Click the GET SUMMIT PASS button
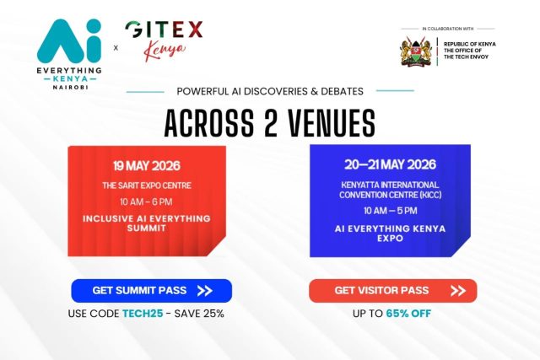pyautogui.click(x=152, y=291)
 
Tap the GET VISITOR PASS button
pyautogui.click(x=393, y=291)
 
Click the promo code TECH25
pyautogui.click(x=143, y=314)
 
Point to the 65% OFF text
pyautogui.click(x=408, y=314)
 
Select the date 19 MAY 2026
pyautogui.click(x=147, y=166)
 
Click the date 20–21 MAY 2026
pyautogui.click(x=390, y=164)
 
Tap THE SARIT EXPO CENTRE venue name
pyautogui.click(x=147, y=185)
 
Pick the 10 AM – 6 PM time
pyautogui.click(x=146, y=201)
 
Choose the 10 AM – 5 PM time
pyautogui.click(x=391, y=211)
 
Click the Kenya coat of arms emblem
pyautogui.click(x=416, y=51)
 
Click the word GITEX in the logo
pyautogui.click(x=164, y=30)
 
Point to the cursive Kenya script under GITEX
pyautogui.click(x=165, y=51)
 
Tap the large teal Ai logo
pyautogui.click(x=69, y=41)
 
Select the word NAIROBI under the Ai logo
pyautogui.click(x=70, y=88)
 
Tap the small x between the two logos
pyautogui.click(x=116, y=48)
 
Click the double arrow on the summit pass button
pyautogui.click(x=204, y=291)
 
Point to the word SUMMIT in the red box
pyautogui.click(x=146, y=228)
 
